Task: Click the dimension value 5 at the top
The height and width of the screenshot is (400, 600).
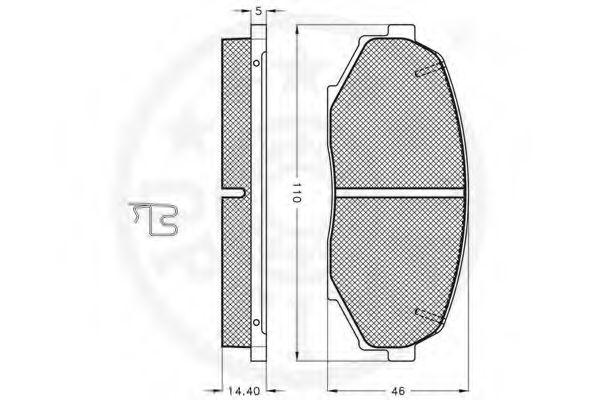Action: click(x=258, y=10)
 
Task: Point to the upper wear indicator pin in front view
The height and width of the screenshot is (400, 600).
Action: click(x=428, y=70)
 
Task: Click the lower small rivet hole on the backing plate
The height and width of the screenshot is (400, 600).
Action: click(x=256, y=321)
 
